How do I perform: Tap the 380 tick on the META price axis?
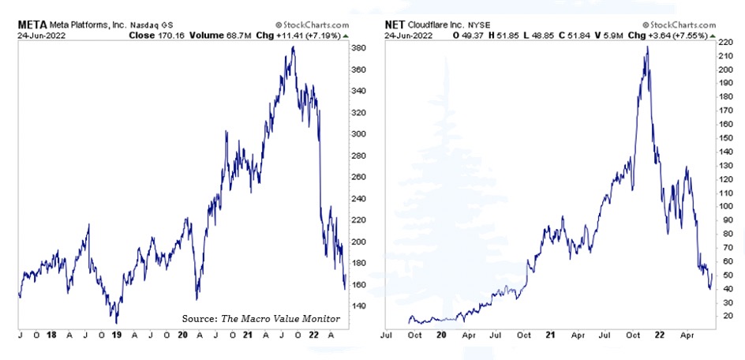point(359,48)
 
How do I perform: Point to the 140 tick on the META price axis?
point(359,306)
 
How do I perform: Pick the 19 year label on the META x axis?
point(117,335)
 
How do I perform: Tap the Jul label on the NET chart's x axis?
point(387,335)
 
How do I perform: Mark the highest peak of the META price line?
point(294,47)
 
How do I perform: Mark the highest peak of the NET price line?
point(647,47)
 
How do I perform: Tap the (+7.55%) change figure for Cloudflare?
point(693,36)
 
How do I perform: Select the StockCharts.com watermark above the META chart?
point(311,25)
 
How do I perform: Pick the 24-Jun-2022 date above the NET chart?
point(407,36)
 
